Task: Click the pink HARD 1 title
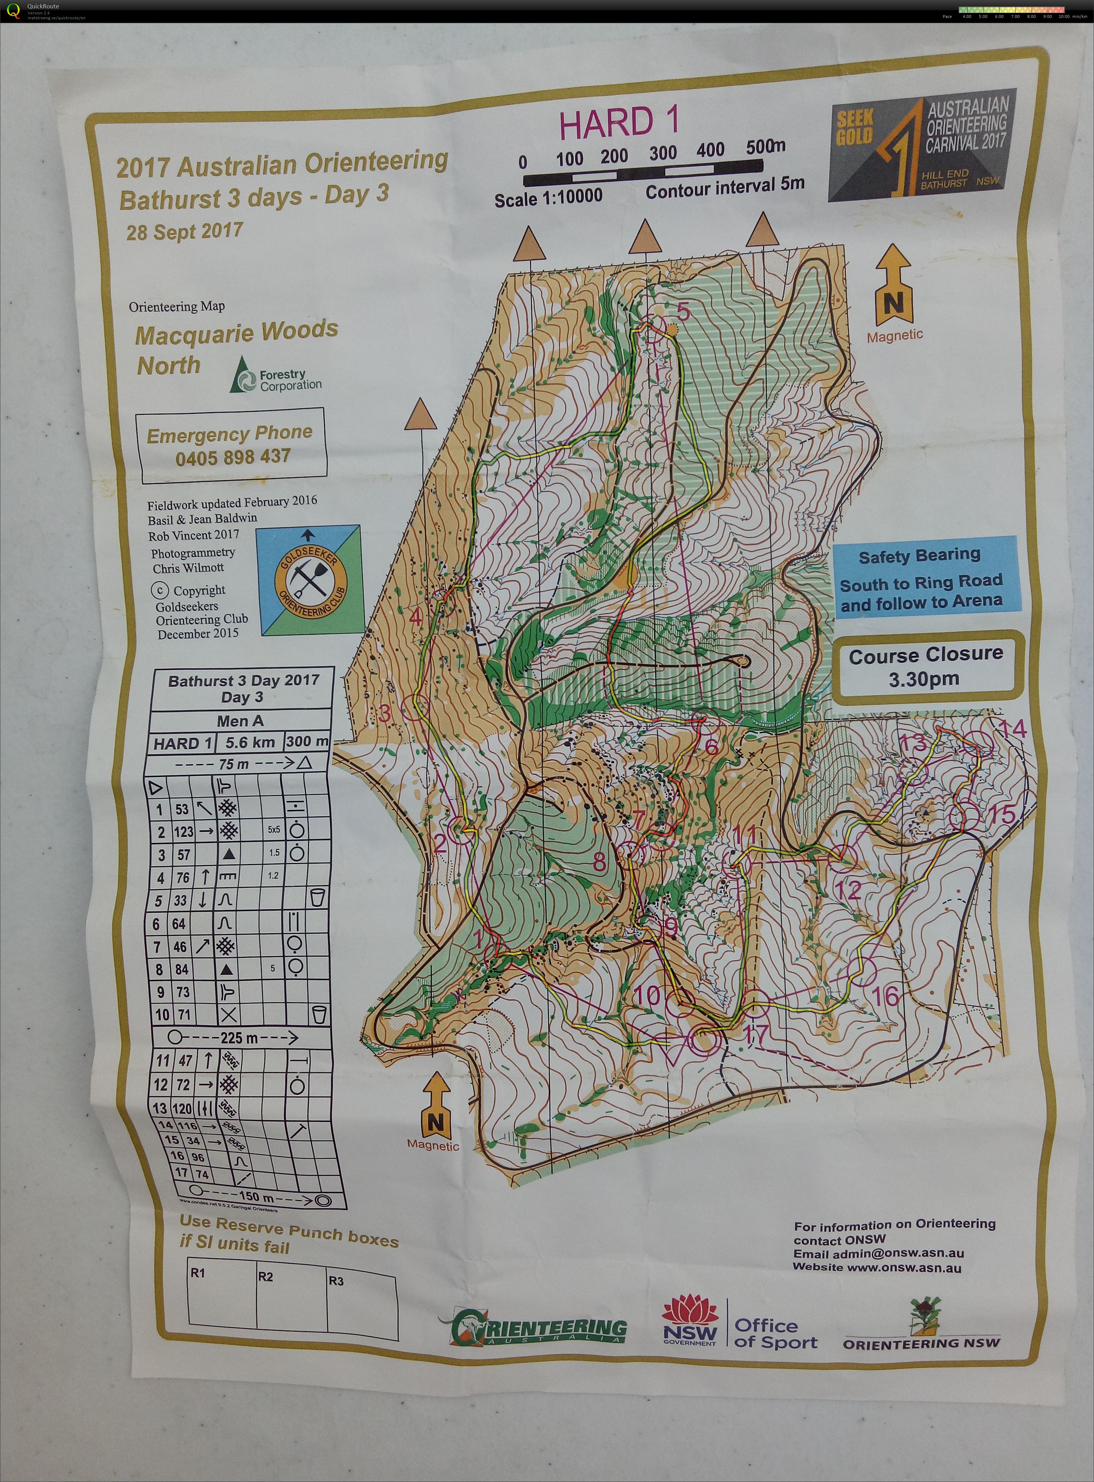point(619,123)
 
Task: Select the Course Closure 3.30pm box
point(926,666)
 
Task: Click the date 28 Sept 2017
point(185,232)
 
